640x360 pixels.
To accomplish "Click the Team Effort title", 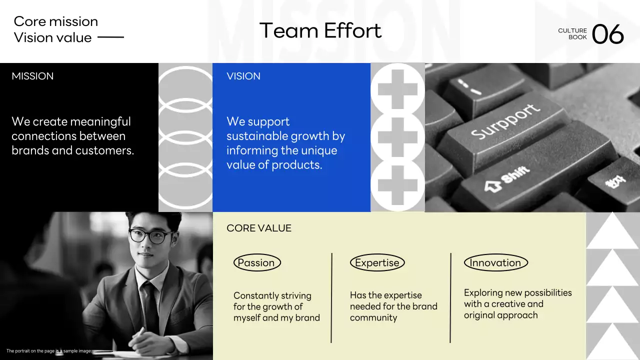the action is [320, 30].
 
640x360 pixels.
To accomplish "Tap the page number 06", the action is [607, 34].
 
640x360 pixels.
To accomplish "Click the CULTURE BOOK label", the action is [572, 33].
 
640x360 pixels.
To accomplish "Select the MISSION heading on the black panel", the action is [32, 76].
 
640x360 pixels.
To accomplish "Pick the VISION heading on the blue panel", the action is [243, 76].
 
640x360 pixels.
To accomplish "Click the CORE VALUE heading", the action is [259, 228].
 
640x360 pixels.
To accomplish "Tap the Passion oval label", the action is [257, 262].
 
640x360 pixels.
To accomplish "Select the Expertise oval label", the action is [377, 262].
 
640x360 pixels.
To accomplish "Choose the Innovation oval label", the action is [495, 262].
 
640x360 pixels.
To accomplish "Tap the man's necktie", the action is [150, 305].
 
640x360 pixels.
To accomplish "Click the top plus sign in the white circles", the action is [397, 89].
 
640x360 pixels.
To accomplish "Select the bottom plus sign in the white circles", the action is [397, 185].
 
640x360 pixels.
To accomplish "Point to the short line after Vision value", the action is [110, 37].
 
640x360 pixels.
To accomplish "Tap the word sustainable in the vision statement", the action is [257, 136].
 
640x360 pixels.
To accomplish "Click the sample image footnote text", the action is [49, 351].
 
